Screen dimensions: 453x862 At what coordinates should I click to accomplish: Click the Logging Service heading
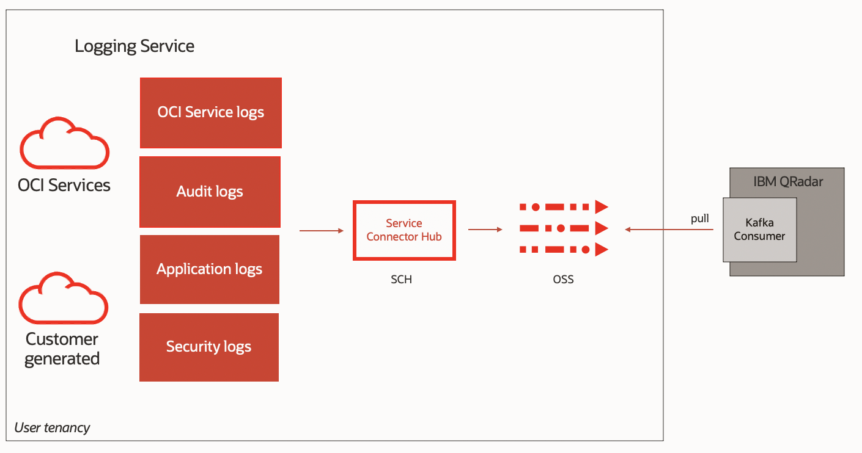[134, 46]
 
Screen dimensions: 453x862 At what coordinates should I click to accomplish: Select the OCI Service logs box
[210, 112]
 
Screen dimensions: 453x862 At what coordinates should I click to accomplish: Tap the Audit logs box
[210, 192]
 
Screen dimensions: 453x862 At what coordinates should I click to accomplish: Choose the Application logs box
[209, 269]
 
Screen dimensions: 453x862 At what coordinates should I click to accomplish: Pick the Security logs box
[208, 347]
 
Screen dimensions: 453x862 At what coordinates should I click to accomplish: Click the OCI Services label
[64, 185]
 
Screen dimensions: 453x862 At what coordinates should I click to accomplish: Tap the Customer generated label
[62, 349]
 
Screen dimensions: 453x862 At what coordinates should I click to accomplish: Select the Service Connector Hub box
[404, 230]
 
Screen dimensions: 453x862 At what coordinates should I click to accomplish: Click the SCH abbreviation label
[401, 280]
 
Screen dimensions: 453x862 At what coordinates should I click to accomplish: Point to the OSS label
[563, 280]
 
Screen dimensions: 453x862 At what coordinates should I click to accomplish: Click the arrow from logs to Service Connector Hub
[322, 231]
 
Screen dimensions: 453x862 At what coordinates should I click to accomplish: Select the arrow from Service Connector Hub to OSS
[485, 230]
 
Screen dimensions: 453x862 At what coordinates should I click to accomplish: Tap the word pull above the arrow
[699, 219]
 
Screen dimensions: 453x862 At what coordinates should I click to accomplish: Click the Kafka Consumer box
[759, 230]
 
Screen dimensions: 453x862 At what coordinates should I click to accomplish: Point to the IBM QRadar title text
[788, 182]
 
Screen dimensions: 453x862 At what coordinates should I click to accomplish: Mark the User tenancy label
[52, 427]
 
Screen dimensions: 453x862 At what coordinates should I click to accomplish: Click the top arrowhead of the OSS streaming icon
[602, 207]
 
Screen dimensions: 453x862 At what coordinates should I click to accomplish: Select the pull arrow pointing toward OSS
[669, 230]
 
